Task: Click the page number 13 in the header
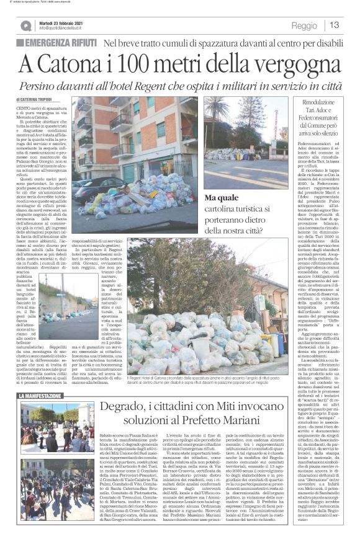(x=335, y=25)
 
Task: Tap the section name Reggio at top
(x=304, y=26)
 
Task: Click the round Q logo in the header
(x=25, y=25)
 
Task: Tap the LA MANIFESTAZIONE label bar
(x=43, y=395)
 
